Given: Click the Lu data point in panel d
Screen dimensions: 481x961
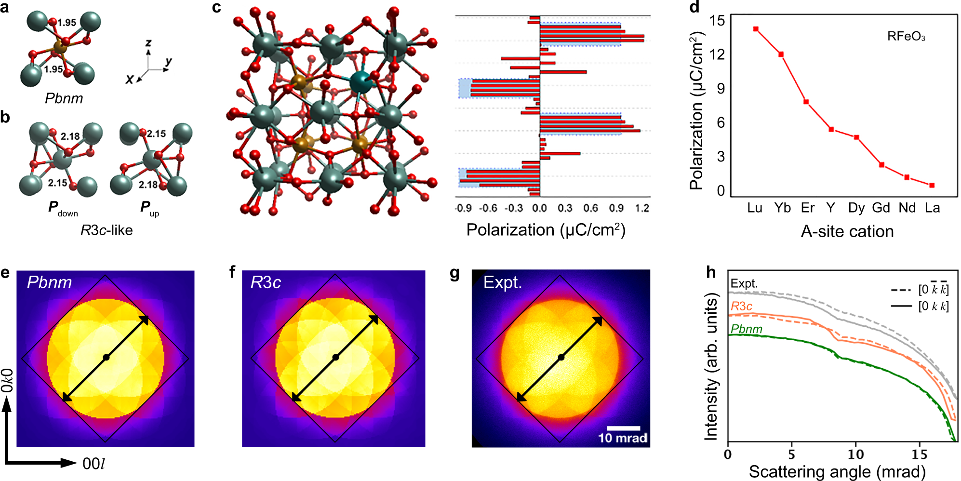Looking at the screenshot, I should click(756, 29).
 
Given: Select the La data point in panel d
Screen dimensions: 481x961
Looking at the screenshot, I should click(932, 186).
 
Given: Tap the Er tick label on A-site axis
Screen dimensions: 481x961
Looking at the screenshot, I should click(807, 208).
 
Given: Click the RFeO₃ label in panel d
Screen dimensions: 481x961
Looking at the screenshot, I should click(906, 37).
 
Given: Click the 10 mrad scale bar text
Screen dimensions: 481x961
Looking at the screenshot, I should click(623, 438).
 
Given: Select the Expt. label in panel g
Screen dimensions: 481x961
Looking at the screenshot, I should click(503, 282).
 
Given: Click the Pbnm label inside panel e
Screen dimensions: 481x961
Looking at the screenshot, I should click(49, 282).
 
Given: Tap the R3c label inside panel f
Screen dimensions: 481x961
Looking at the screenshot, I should click(266, 282).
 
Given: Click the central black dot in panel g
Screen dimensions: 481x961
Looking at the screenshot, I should click(561, 357).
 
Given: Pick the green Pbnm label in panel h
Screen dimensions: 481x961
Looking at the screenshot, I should click(746, 329).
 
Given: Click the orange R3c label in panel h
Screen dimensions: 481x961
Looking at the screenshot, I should click(741, 307).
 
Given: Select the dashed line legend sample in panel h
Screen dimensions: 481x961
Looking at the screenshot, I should click(901, 290).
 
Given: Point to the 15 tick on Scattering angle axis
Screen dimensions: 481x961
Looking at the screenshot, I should click(919, 454).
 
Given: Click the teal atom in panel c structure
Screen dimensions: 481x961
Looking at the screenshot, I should click(360, 82).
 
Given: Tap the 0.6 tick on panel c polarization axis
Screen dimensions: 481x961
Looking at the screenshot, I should click(590, 208).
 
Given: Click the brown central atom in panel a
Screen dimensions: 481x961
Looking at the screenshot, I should click(60, 47).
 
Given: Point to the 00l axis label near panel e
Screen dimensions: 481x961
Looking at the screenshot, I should click(93, 464).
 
